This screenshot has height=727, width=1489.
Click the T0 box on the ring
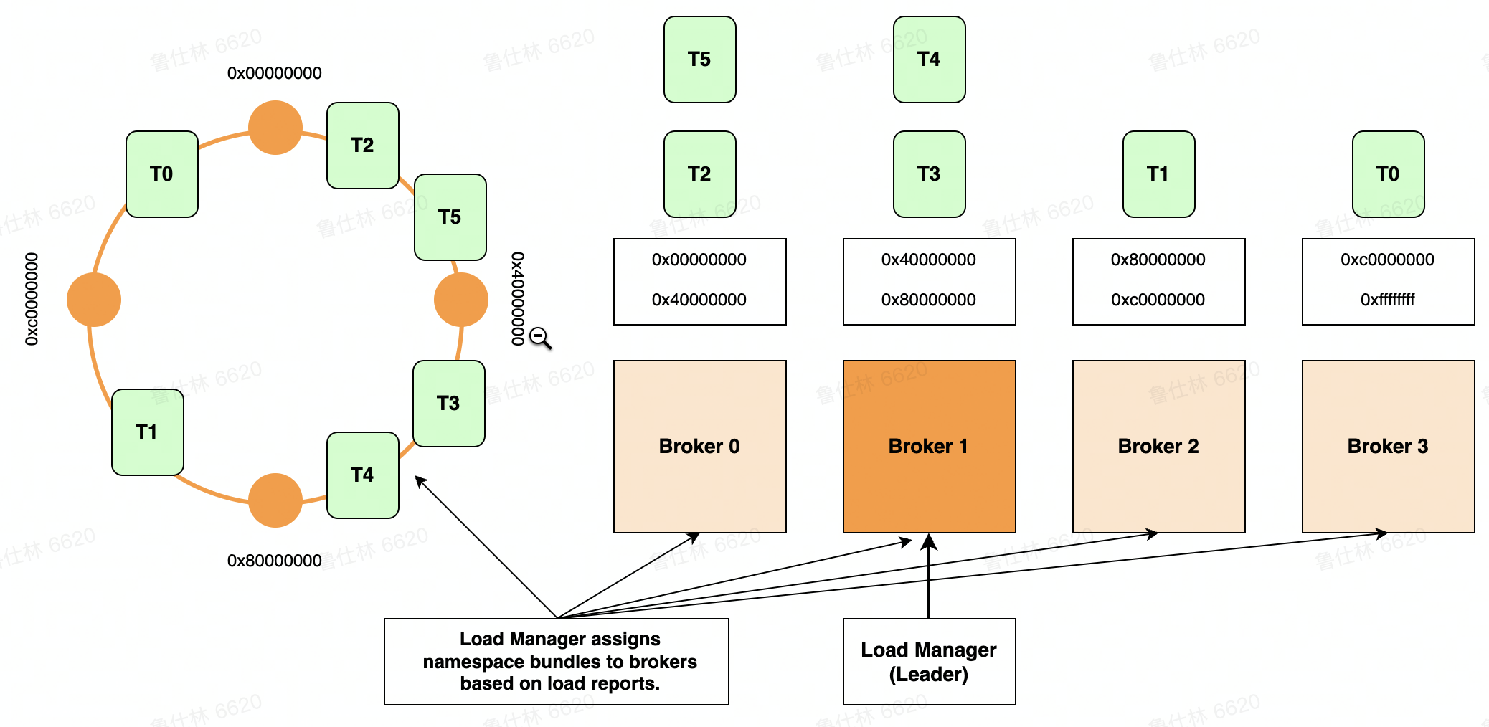point(162,174)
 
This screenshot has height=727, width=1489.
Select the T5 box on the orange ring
point(450,217)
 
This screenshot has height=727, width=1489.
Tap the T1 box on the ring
point(148,432)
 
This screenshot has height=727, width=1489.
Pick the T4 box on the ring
point(362,475)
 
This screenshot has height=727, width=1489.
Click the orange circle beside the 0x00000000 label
point(275,128)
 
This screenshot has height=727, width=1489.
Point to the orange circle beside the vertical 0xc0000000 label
point(94,300)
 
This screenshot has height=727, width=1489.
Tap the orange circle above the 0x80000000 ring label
point(275,500)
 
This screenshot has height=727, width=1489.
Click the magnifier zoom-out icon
point(539,337)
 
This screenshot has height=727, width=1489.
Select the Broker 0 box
point(699,446)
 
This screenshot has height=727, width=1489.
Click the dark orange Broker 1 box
point(929,446)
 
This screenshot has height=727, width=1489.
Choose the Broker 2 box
point(1158,446)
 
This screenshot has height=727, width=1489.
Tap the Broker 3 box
point(1388,446)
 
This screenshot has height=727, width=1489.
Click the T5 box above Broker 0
point(699,60)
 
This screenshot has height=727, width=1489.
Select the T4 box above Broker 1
point(929,60)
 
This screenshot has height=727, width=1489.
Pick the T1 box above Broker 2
point(1158,174)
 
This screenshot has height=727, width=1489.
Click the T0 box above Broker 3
point(1388,174)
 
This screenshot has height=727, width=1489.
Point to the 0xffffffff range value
point(1387,300)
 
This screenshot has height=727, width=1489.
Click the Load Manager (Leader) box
point(929,662)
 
